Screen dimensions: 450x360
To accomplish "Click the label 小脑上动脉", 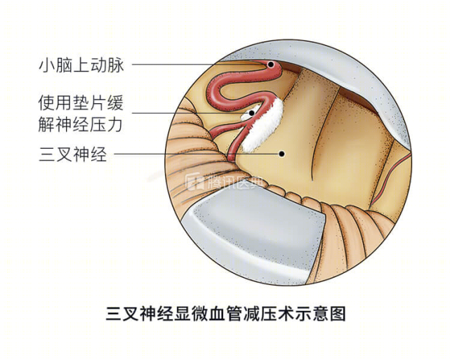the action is [x=81, y=65].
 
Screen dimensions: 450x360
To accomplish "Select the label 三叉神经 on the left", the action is [x=73, y=154].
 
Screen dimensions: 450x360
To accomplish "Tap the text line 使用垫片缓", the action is [x=81, y=103].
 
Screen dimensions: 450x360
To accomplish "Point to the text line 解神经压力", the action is [x=81, y=124].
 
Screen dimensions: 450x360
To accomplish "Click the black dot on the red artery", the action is [x=270, y=65].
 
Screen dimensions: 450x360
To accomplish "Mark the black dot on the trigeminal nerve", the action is [x=282, y=154].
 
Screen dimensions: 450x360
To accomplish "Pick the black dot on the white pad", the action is [x=252, y=113].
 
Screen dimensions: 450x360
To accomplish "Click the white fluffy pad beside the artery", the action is [x=263, y=125].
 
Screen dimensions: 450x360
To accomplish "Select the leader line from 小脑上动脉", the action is [x=199, y=65].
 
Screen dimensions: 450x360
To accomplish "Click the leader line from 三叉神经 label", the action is [x=197, y=154].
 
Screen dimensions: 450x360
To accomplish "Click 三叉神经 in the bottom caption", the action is [x=140, y=314].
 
